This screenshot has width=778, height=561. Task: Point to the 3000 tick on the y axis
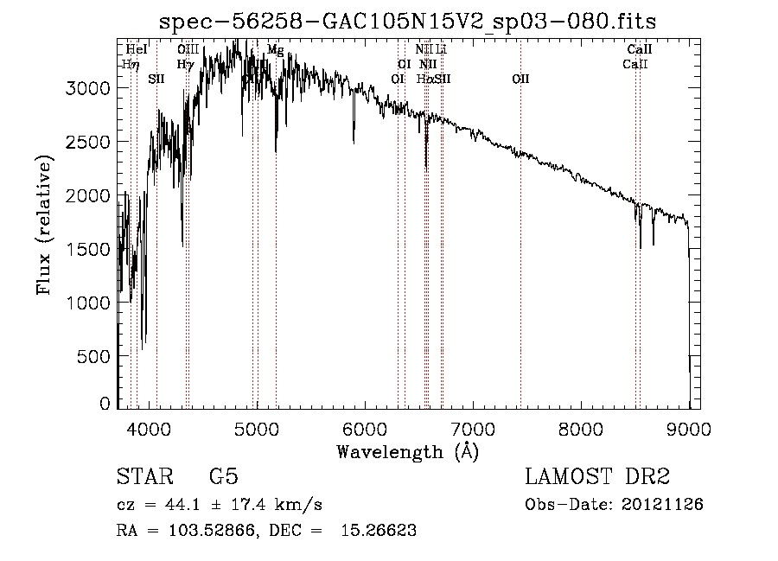90,89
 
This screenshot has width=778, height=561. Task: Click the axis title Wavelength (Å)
407,451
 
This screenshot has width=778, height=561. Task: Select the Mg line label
275,50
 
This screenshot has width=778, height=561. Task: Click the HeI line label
137,50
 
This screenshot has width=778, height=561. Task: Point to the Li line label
441,50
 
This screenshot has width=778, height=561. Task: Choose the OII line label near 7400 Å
520,80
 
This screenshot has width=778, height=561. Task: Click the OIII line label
188,50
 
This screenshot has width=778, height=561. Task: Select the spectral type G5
223,478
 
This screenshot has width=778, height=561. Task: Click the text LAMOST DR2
597,478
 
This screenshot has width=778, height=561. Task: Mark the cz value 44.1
186,505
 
